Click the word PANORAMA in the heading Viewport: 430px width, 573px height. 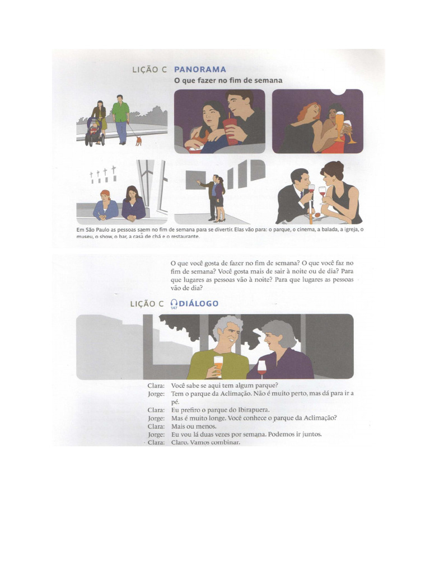pos(200,69)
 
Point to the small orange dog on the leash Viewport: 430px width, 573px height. pos(138,140)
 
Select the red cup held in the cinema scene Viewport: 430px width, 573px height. pos(230,130)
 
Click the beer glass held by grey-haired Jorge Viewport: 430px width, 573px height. pos(218,365)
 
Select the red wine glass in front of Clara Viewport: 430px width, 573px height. pos(261,368)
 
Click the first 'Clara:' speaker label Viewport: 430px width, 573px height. pos(156,385)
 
